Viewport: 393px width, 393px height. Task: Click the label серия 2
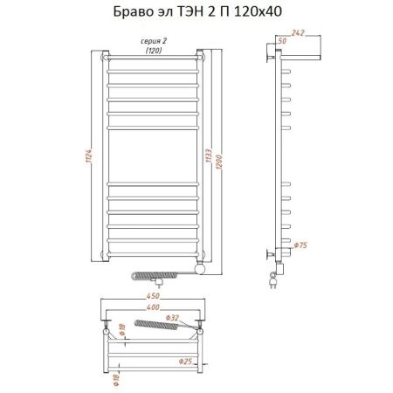point(154,43)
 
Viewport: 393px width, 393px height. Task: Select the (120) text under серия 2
point(154,52)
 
